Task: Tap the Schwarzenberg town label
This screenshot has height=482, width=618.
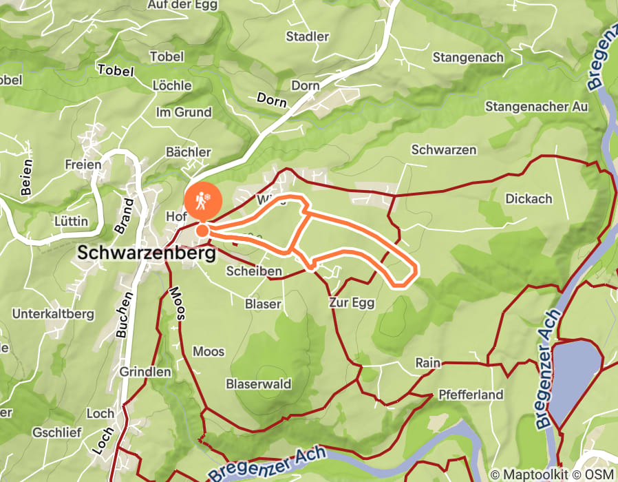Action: click(x=147, y=253)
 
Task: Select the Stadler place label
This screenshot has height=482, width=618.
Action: click(x=308, y=36)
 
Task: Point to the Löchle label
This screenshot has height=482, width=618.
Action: click(x=171, y=85)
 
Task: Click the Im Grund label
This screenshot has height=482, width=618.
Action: click(x=184, y=112)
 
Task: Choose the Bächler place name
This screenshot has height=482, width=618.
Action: click(x=188, y=151)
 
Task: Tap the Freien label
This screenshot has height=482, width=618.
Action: click(x=83, y=165)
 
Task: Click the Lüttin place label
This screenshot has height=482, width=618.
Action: click(x=70, y=221)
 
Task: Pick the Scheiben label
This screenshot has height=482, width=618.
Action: click(x=254, y=271)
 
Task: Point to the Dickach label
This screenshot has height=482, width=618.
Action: click(x=529, y=198)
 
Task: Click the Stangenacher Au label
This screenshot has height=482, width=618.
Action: click(x=537, y=107)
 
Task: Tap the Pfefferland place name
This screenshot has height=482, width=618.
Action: click(x=471, y=395)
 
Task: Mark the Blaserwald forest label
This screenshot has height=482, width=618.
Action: click(x=258, y=384)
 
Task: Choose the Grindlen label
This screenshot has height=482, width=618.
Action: click(x=145, y=371)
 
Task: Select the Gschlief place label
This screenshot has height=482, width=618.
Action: click(x=57, y=432)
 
